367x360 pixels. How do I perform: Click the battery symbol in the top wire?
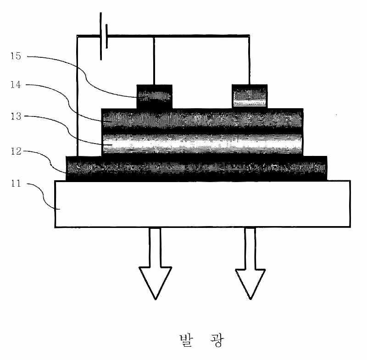[103, 36]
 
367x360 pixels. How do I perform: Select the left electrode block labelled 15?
[155, 96]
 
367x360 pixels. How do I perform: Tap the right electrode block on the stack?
[249, 96]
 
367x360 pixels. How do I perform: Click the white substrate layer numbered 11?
[202, 204]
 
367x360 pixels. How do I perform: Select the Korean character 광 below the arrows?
[215, 341]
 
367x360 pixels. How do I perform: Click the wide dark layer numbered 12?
[197, 168]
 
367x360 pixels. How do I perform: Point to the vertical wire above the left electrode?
[153, 60]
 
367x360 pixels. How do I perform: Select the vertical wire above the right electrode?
[249, 60]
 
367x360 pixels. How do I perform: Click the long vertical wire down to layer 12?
[77, 96]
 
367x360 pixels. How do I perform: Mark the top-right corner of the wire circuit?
[249, 35]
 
